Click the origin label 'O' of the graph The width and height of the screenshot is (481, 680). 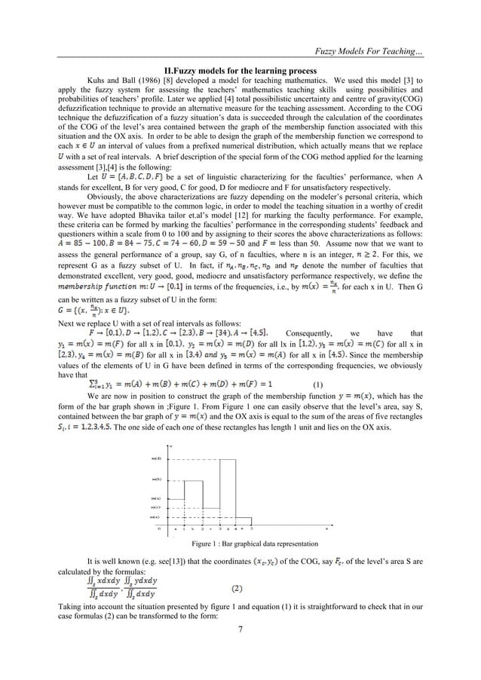pos(158,530)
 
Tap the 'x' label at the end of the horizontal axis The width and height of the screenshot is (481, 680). pos(326,530)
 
